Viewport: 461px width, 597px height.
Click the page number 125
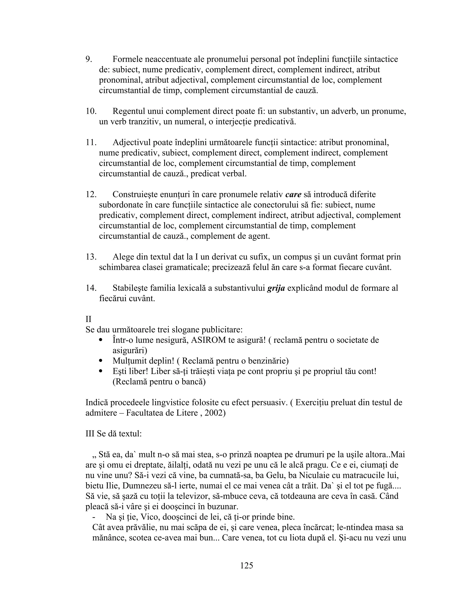pos(247,565)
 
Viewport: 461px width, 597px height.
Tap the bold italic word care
pos(293,194)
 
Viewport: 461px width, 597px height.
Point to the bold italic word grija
pos(276,288)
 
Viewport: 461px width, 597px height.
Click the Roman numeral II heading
pos(88,319)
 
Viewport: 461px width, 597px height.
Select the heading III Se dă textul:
pos(114,433)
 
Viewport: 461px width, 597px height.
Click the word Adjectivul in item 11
pos(131,142)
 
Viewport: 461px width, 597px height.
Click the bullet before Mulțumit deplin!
pos(101,361)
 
